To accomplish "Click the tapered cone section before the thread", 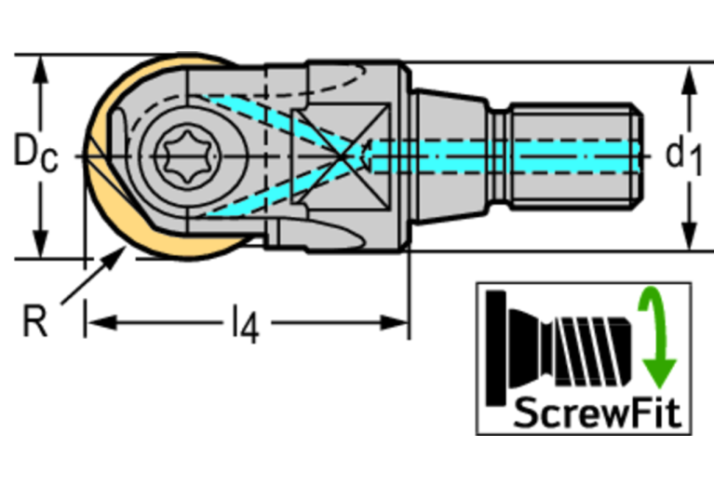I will pos(451,155).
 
